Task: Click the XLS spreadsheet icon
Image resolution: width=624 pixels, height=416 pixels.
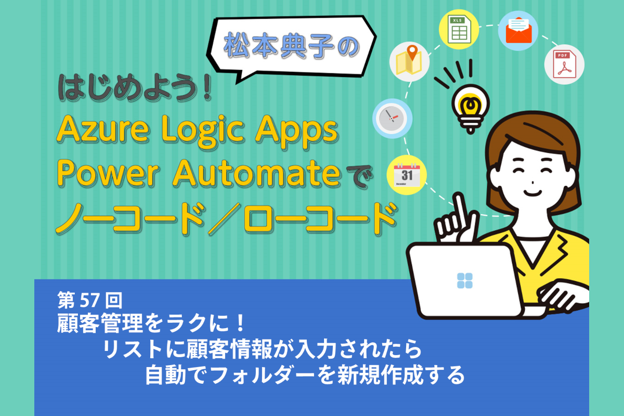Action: (459, 29)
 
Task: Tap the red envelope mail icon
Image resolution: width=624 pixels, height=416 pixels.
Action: (518, 30)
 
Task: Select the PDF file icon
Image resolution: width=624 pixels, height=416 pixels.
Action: (564, 64)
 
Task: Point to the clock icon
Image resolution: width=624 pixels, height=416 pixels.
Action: (392, 118)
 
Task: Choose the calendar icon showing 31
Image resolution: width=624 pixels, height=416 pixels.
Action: (407, 175)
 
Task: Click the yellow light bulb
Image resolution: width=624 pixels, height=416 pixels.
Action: (471, 109)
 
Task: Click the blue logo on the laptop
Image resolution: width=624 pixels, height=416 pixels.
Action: (465, 281)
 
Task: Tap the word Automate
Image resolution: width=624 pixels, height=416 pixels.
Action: (256, 174)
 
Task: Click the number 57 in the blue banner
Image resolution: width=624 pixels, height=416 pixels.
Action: (89, 301)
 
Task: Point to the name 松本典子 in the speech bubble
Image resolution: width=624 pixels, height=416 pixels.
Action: (279, 45)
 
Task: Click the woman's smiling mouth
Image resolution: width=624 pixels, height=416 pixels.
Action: (532, 193)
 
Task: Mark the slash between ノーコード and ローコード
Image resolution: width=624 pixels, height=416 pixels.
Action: (224, 219)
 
